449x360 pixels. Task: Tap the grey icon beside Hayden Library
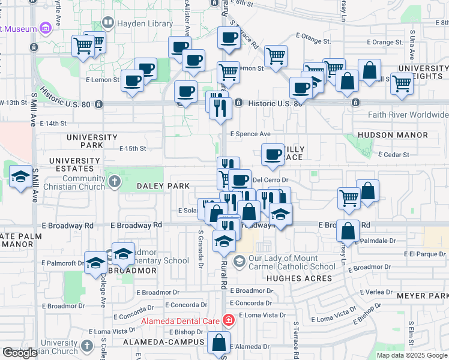click(108, 23)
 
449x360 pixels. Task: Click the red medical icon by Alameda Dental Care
click(228, 320)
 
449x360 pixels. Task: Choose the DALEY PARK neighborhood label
click(163, 187)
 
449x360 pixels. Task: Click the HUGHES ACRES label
click(299, 278)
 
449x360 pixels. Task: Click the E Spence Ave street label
click(250, 134)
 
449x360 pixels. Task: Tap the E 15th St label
click(133, 148)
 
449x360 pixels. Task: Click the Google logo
click(20, 353)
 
